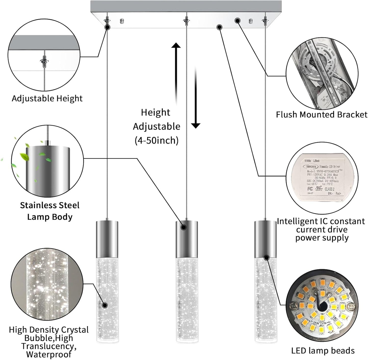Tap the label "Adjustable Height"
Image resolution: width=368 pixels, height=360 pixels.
pos(47,98)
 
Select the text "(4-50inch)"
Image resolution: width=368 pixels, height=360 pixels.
pos(156,140)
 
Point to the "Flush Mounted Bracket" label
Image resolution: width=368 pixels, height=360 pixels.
pos(322,115)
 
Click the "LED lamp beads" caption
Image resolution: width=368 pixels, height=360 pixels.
pos(323,351)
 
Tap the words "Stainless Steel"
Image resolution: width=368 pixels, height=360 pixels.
pos(50,205)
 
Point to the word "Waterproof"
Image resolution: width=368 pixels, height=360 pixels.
pos(49,354)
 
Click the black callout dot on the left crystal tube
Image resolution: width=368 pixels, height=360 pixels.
pos(104,305)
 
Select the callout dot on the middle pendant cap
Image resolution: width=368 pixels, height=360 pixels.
pos(183,228)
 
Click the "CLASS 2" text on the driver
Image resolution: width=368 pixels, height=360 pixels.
pos(329,189)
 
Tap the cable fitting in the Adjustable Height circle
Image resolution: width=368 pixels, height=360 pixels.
pos(45,61)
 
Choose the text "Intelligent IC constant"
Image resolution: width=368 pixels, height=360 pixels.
pos(321,221)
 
